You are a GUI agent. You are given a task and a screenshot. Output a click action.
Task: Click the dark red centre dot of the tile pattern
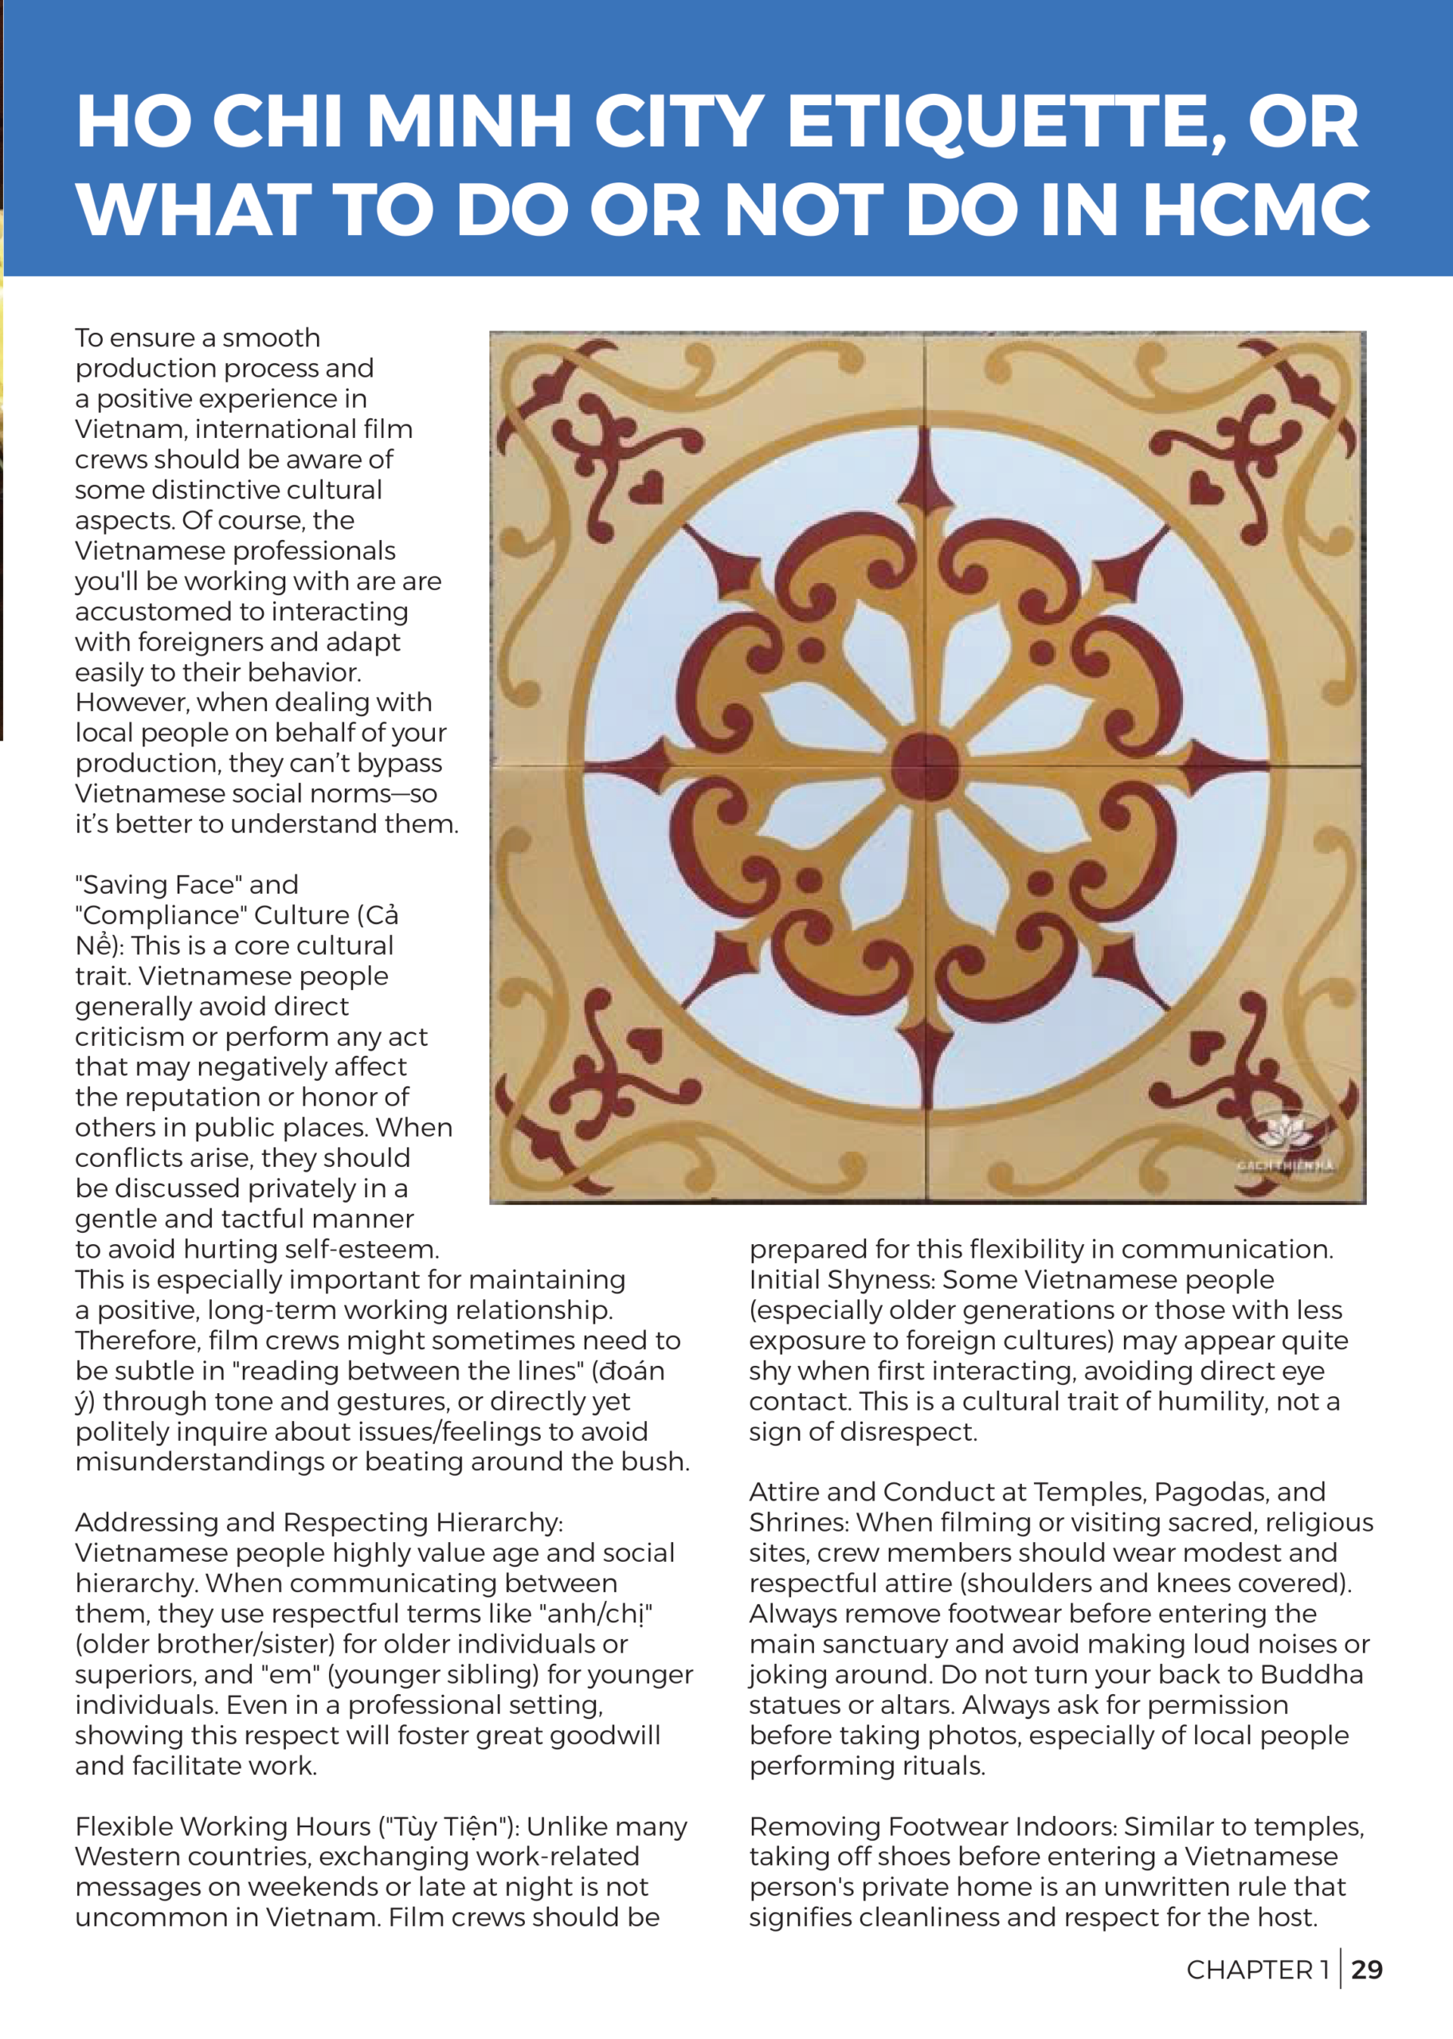click(x=925, y=765)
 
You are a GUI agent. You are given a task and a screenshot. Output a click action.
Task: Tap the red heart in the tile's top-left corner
click(x=646, y=487)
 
